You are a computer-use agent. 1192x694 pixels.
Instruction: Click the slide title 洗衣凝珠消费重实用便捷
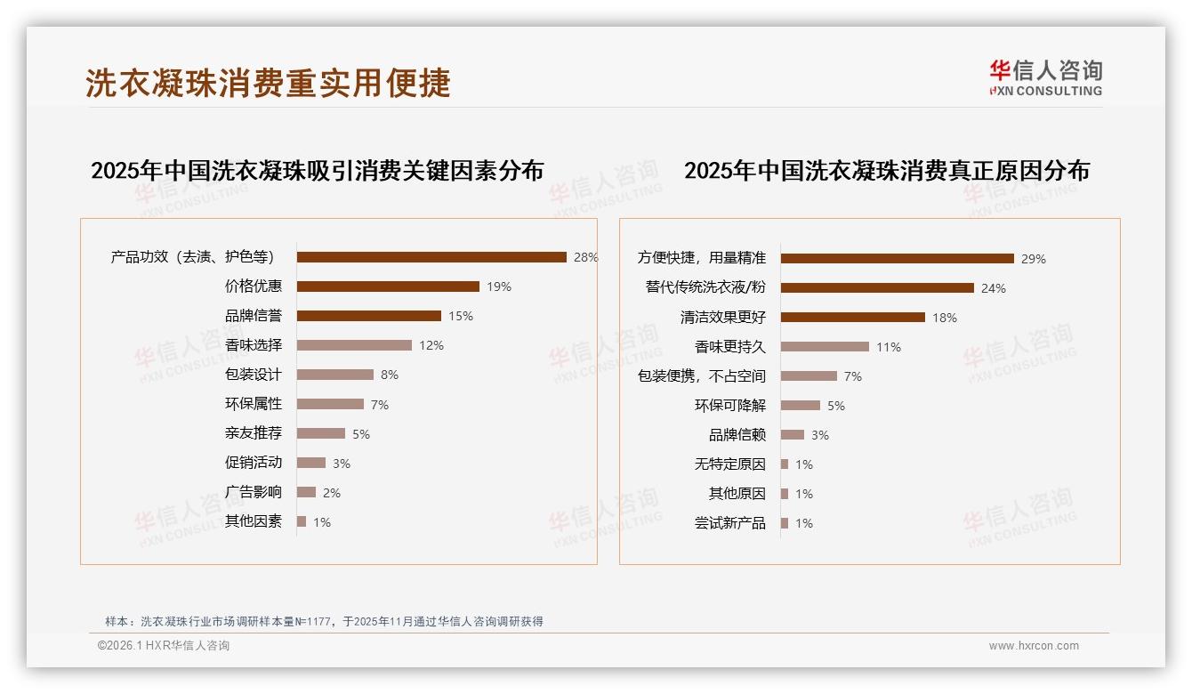tap(268, 83)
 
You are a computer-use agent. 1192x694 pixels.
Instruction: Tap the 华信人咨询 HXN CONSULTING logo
tap(1045, 78)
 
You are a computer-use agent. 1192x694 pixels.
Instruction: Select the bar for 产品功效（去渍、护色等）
tap(431, 257)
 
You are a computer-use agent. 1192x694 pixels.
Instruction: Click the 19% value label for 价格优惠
tap(499, 286)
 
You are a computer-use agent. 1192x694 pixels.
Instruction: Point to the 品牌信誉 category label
tap(254, 316)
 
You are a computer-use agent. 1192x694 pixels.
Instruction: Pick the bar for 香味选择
tap(354, 345)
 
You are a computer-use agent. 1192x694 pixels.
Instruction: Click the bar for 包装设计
tap(335, 375)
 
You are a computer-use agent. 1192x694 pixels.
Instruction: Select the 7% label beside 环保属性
tap(380, 405)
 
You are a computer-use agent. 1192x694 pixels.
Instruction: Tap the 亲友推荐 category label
tap(254, 433)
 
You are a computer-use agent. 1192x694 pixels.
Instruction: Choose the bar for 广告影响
tap(306, 492)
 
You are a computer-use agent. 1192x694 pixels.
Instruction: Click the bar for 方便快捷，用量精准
tap(897, 259)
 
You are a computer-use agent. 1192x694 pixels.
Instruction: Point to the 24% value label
tap(994, 288)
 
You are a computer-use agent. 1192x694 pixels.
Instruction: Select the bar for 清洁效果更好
tap(852, 318)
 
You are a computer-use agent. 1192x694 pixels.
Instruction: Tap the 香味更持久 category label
tap(729, 347)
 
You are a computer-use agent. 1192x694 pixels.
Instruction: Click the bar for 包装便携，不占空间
tap(809, 376)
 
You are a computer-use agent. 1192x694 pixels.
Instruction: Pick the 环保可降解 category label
tap(729, 406)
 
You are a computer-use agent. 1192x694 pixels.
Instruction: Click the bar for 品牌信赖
tap(793, 435)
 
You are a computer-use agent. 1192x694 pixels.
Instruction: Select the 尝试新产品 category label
tap(729, 523)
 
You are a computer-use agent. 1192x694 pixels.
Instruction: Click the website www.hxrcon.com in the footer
tap(1034, 646)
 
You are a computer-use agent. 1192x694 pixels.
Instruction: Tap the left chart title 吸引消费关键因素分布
tap(317, 171)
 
